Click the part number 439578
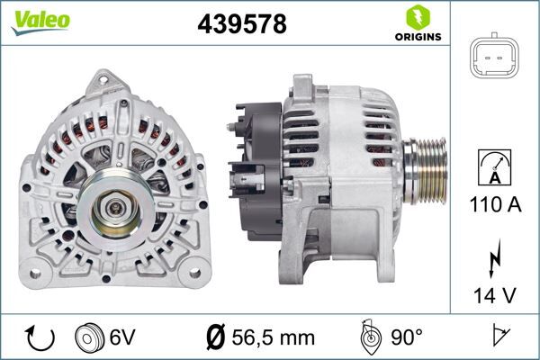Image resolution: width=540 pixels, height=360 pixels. point(241,24)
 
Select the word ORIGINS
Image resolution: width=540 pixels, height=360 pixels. point(417,38)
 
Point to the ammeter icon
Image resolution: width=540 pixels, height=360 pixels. point(495,168)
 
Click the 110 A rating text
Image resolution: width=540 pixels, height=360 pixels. point(495,204)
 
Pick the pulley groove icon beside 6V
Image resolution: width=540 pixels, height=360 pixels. point(91,337)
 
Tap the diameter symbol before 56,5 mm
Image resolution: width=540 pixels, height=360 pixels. point(215,337)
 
